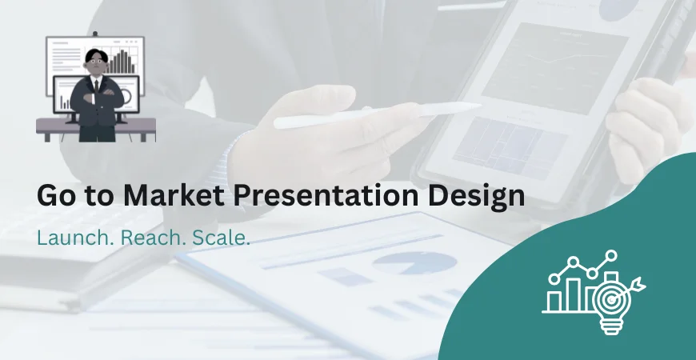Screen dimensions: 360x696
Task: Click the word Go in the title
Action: pos(54,197)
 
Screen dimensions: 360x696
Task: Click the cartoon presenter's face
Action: pos(97,65)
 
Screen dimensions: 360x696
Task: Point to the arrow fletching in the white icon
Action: pos(638,282)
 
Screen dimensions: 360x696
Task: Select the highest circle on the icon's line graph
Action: pos(611,256)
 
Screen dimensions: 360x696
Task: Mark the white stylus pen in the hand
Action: pos(376,115)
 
